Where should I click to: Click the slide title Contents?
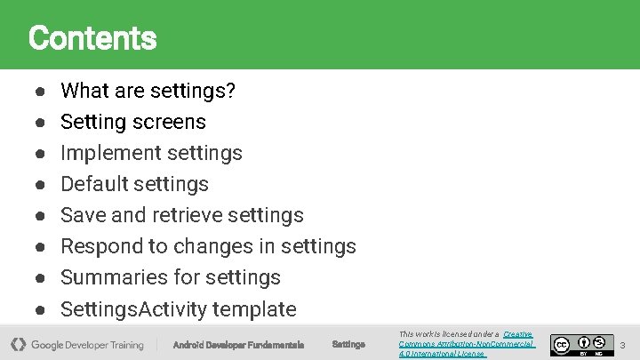click(x=92, y=38)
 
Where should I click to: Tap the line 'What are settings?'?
click(x=148, y=91)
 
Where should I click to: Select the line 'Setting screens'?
click(x=132, y=122)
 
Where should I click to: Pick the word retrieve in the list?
click(x=187, y=215)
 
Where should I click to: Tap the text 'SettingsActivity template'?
click(x=178, y=309)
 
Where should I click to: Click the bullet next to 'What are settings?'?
click(x=41, y=92)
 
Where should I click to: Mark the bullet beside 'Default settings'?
click(x=41, y=185)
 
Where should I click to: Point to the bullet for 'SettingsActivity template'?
click(x=41, y=310)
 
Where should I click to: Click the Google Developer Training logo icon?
click(x=18, y=344)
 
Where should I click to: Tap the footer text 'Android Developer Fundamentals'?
click(x=237, y=345)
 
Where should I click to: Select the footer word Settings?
click(x=348, y=345)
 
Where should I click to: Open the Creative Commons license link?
click(x=467, y=344)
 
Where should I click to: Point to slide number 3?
click(x=623, y=344)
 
